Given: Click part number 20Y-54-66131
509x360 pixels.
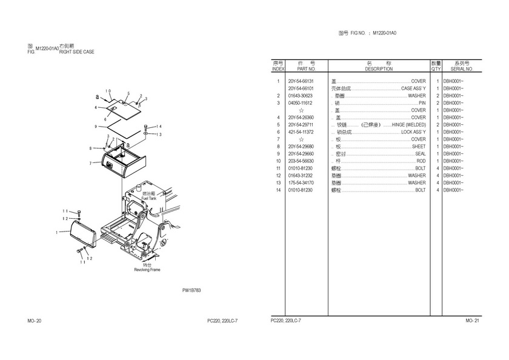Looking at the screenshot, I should (301, 81).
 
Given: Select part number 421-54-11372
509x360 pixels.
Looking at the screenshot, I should (301, 132).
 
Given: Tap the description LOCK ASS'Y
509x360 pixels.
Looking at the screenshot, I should (413, 132).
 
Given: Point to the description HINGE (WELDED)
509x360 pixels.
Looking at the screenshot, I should (409, 125).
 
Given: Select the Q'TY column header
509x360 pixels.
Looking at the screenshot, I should (436, 70).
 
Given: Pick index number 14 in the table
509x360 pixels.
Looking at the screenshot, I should (278, 190).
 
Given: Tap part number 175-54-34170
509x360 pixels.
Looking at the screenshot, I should (301, 183).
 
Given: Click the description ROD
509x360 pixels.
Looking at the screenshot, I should (421, 161).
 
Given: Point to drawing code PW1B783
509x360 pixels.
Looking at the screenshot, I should (191, 290).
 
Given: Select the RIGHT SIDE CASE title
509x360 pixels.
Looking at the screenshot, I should (76, 52).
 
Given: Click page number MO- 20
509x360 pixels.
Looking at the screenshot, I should (35, 320).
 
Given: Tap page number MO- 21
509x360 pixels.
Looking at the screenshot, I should (472, 320).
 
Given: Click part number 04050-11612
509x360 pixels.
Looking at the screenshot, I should (301, 103).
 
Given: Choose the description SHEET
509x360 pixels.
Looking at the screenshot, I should (419, 147).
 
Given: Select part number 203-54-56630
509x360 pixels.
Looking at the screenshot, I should (301, 161).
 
